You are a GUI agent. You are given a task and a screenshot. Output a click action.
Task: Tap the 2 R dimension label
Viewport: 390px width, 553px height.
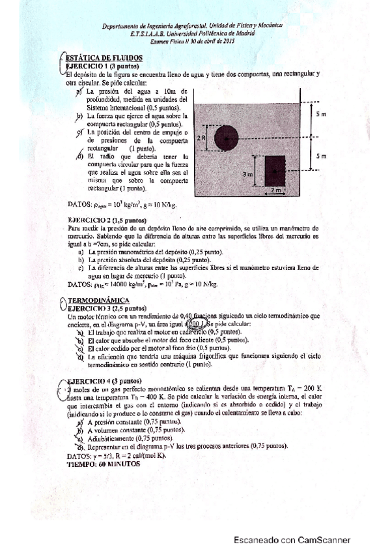(202, 138)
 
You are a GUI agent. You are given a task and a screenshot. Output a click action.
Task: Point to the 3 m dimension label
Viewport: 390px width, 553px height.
(247, 175)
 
